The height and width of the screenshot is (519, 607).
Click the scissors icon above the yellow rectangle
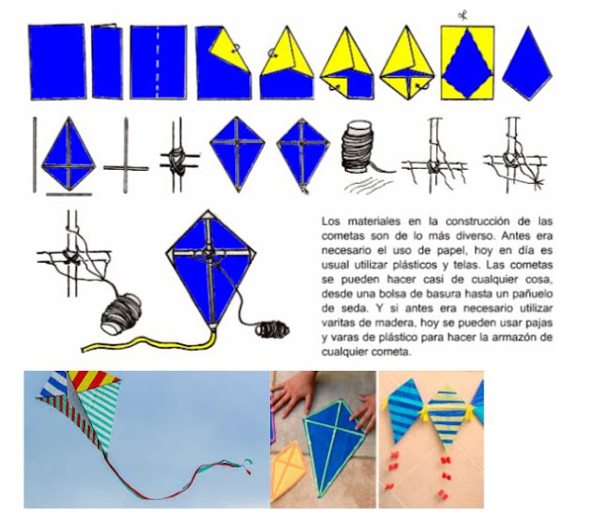[462, 15]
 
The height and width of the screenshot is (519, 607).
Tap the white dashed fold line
[157, 62]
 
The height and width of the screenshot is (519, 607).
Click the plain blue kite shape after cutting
[527, 64]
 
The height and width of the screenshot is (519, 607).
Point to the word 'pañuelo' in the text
[533, 294]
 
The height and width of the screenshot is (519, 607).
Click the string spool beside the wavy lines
[359, 145]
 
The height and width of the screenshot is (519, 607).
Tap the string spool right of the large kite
[272, 329]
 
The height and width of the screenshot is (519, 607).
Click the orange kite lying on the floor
[289, 470]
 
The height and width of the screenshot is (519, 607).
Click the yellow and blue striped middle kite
[447, 417]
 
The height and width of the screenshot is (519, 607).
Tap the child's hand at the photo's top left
[293, 390]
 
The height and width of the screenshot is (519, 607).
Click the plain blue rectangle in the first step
[57, 62]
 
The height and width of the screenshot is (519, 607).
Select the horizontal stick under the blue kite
[69, 195]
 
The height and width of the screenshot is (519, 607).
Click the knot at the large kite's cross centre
[208, 252]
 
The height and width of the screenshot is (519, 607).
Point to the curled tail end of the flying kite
[247, 466]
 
